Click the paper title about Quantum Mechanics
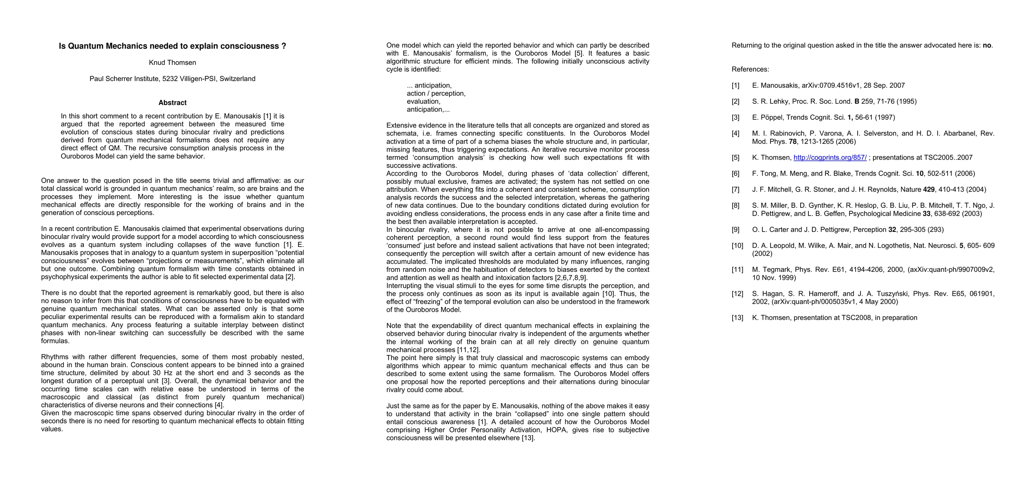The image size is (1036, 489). (172, 46)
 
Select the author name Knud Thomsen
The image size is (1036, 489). (172, 62)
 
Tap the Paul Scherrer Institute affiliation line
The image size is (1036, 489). (172, 79)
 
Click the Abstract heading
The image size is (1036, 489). (172, 103)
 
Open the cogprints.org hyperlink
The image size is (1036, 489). (830, 158)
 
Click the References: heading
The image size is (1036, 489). (750, 69)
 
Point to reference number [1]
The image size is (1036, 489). (735, 86)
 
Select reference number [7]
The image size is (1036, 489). (735, 189)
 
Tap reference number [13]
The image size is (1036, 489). (737, 318)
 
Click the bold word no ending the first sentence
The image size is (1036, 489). (987, 45)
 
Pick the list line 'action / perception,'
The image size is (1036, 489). (436, 93)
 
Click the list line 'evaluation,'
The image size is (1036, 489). (424, 101)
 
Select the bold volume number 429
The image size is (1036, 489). (929, 189)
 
